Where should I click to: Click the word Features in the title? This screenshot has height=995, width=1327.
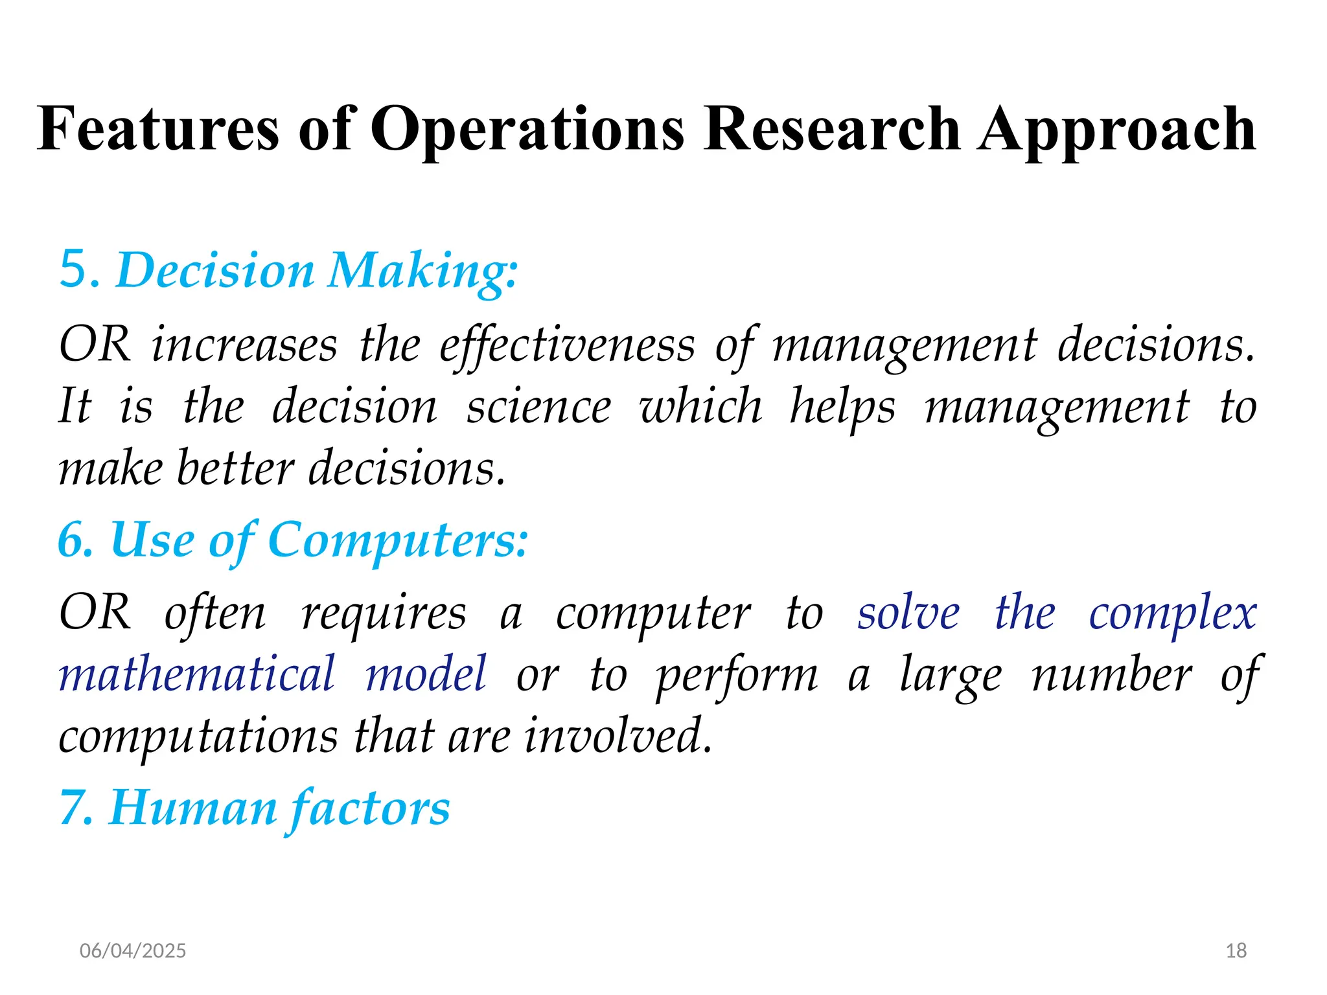click(x=158, y=130)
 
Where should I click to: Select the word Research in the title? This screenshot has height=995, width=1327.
click(x=831, y=130)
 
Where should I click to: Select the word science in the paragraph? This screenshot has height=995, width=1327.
click(x=538, y=407)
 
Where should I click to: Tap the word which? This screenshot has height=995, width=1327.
click(x=700, y=407)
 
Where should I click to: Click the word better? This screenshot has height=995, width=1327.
click(x=236, y=468)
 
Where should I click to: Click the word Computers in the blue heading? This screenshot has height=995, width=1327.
click(x=397, y=542)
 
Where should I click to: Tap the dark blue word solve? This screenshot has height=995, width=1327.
click(x=908, y=613)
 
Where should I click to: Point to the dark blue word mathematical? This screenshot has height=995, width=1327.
click(x=197, y=674)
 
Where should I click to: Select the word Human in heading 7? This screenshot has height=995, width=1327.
click(x=193, y=808)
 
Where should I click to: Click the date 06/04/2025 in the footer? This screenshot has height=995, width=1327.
click(x=133, y=950)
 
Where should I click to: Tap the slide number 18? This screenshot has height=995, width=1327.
click(x=1236, y=950)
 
